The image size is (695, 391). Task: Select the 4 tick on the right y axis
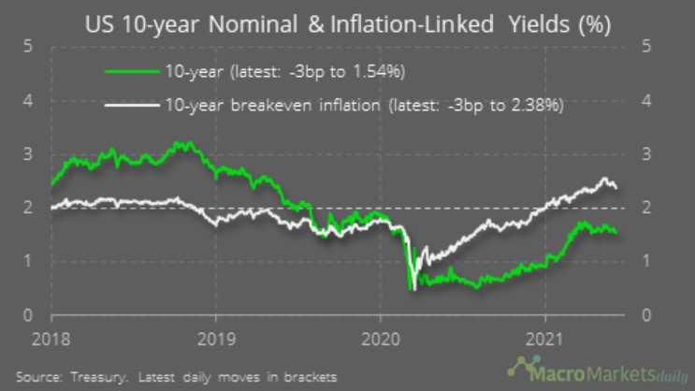tap(650, 100)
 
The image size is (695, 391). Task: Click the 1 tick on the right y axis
tap(650, 262)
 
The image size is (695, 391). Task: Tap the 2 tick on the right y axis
tap(650, 208)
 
